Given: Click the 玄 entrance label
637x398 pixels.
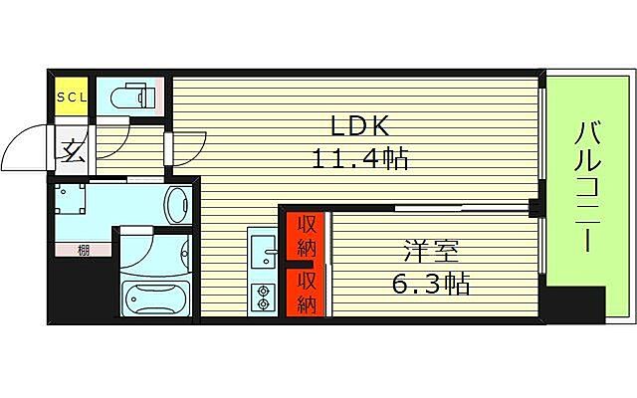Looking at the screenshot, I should (72, 151).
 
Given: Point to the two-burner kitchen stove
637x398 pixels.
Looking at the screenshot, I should (262, 297).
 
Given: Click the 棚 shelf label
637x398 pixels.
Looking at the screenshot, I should (84, 251).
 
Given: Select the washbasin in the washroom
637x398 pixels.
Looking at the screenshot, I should (178, 206).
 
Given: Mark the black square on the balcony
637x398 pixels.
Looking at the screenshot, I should (575, 303).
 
